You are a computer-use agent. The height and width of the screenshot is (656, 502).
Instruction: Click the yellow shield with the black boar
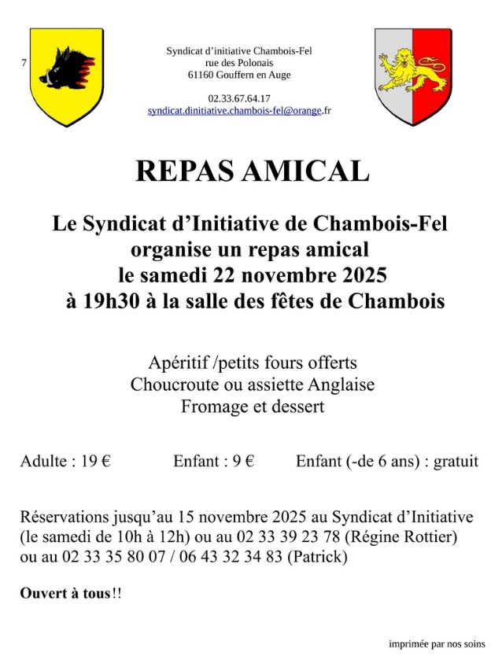(66, 76)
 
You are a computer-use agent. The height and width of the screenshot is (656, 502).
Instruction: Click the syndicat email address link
(235, 111)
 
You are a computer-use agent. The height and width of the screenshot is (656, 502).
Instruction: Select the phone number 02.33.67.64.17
(239, 98)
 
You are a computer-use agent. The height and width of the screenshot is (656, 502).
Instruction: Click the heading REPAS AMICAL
(252, 171)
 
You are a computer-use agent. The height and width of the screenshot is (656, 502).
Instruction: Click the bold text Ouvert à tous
(65, 593)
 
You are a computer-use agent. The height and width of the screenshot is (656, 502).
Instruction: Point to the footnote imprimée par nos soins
(437, 643)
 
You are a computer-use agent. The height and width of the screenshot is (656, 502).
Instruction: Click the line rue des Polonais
(239, 63)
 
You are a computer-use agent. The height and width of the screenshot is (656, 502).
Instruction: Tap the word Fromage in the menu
(211, 407)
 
